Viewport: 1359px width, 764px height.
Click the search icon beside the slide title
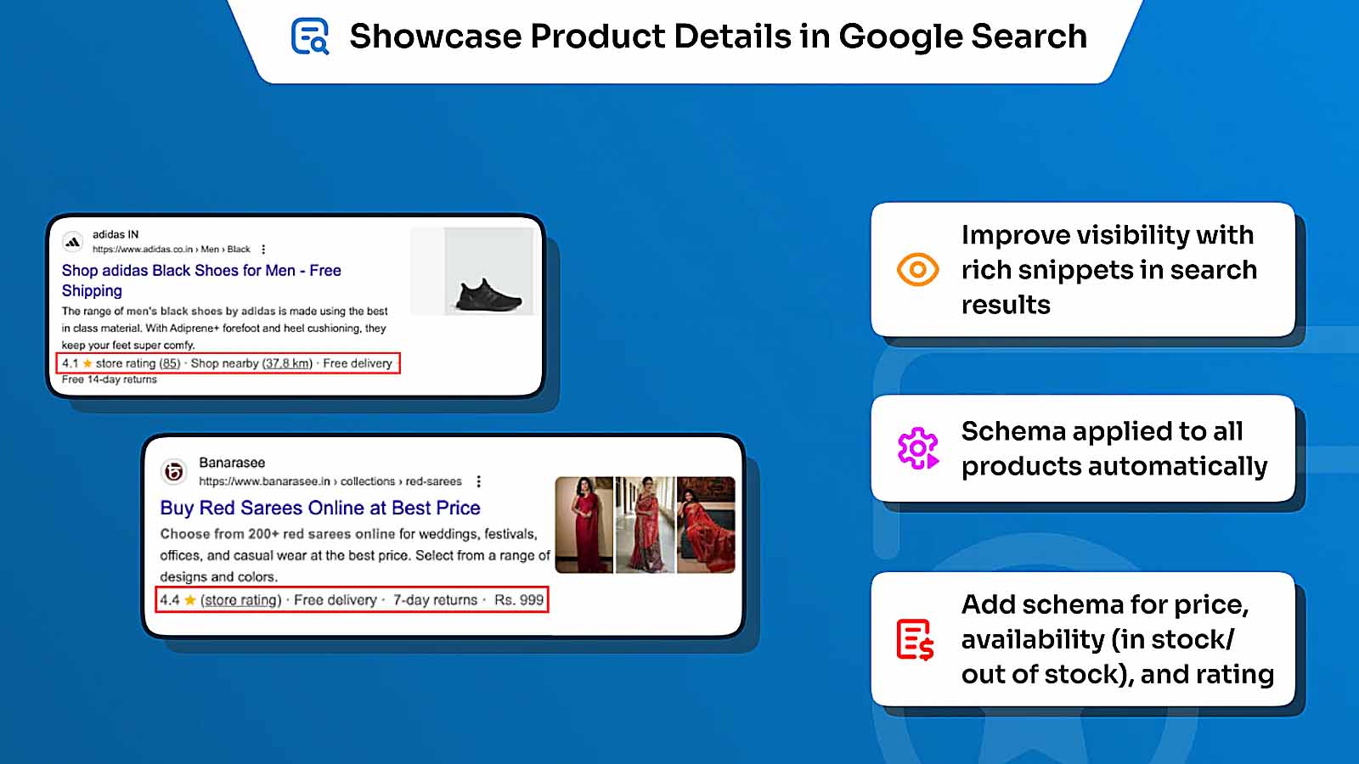click(310, 37)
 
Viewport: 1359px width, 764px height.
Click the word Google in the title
click(899, 37)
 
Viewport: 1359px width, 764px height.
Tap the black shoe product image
click(488, 295)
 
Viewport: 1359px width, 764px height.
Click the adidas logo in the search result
click(73, 242)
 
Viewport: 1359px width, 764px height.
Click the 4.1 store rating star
click(87, 363)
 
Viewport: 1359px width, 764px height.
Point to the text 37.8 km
click(288, 363)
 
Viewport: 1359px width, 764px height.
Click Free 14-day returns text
click(109, 379)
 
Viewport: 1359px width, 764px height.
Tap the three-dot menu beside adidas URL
click(263, 250)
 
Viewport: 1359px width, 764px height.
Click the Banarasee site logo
click(173, 471)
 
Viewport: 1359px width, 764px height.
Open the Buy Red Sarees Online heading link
click(320, 508)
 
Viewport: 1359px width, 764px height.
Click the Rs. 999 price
click(518, 600)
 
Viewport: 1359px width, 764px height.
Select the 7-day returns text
click(435, 600)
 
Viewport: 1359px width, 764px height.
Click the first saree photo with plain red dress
click(584, 525)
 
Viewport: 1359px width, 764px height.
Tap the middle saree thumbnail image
click(645, 525)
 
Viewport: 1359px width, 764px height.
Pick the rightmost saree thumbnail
click(706, 525)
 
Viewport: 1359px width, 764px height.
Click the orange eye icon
click(917, 270)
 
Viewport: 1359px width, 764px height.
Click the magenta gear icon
click(917, 448)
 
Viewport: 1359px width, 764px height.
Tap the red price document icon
click(915, 640)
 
